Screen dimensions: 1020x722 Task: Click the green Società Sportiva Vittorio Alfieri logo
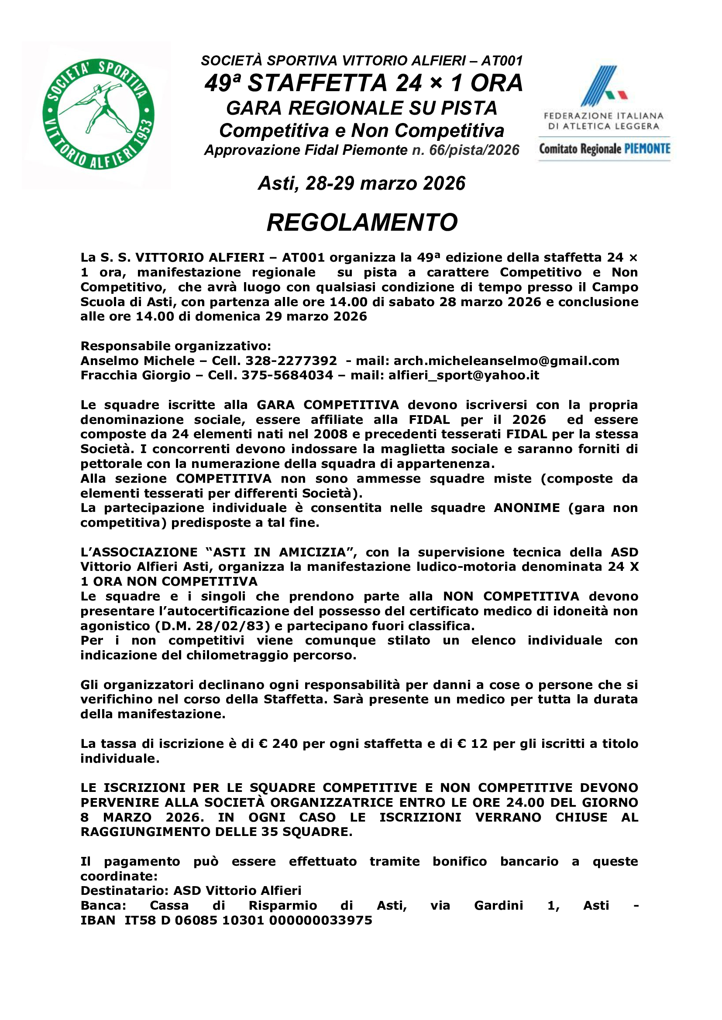[98, 115]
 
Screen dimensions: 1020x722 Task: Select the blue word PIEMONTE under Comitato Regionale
[647, 149]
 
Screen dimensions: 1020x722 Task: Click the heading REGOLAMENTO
[362, 222]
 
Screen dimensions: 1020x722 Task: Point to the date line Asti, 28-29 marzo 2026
[361, 184]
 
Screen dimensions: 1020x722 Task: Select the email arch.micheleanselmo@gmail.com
[506, 361]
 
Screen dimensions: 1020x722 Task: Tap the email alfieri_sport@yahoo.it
[464, 375]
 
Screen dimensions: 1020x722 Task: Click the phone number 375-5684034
[287, 375]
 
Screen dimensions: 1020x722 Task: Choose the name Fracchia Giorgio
[136, 375]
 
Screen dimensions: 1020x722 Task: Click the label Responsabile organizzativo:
[175, 346]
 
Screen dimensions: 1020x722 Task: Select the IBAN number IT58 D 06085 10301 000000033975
[248, 920]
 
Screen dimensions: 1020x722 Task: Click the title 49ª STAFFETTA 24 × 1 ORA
[363, 84]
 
